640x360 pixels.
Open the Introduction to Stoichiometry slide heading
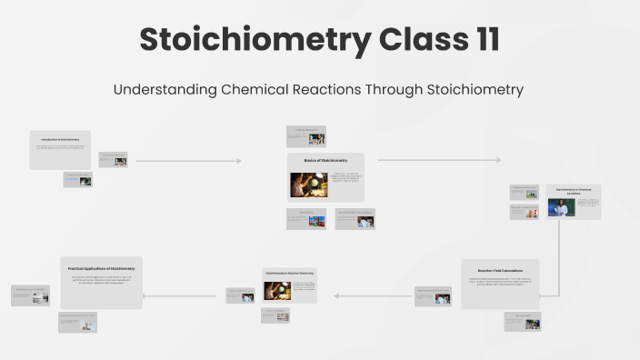click(x=60, y=138)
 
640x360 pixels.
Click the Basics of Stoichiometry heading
click(x=325, y=160)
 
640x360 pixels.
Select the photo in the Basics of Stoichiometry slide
click(x=309, y=185)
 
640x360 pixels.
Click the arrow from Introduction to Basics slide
click(x=188, y=161)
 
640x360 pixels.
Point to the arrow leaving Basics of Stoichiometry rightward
click(x=438, y=160)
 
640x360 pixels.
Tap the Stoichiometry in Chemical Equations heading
click(x=574, y=190)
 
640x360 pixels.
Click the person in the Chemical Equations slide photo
click(x=561, y=208)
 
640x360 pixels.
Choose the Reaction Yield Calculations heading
click(x=500, y=270)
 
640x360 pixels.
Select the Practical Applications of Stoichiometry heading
click(x=102, y=268)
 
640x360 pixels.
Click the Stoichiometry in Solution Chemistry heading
click(x=290, y=273)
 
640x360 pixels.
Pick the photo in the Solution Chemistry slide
click(x=277, y=291)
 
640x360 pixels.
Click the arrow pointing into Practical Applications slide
click(x=168, y=295)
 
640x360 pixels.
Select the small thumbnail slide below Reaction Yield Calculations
click(x=523, y=321)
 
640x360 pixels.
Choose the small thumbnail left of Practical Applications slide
click(x=31, y=295)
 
